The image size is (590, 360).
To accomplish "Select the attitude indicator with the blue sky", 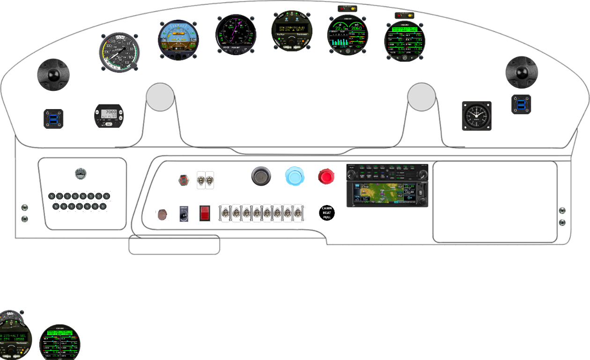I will click(178, 40).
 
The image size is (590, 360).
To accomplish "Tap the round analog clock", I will click(477, 116).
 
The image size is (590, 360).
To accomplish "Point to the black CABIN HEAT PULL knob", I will click(327, 213).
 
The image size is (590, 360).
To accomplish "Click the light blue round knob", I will click(295, 176).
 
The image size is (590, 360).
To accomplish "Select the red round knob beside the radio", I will click(326, 177).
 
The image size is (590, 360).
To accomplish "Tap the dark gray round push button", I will click(261, 176).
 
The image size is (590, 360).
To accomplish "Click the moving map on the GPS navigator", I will click(381, 192).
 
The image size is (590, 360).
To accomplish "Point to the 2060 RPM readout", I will click(358, 28).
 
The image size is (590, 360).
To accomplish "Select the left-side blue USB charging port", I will click(53, 118).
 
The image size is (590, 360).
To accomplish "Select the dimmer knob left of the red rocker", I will click(184, 214).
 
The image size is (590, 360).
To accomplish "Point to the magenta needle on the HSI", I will click(240, 28).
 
